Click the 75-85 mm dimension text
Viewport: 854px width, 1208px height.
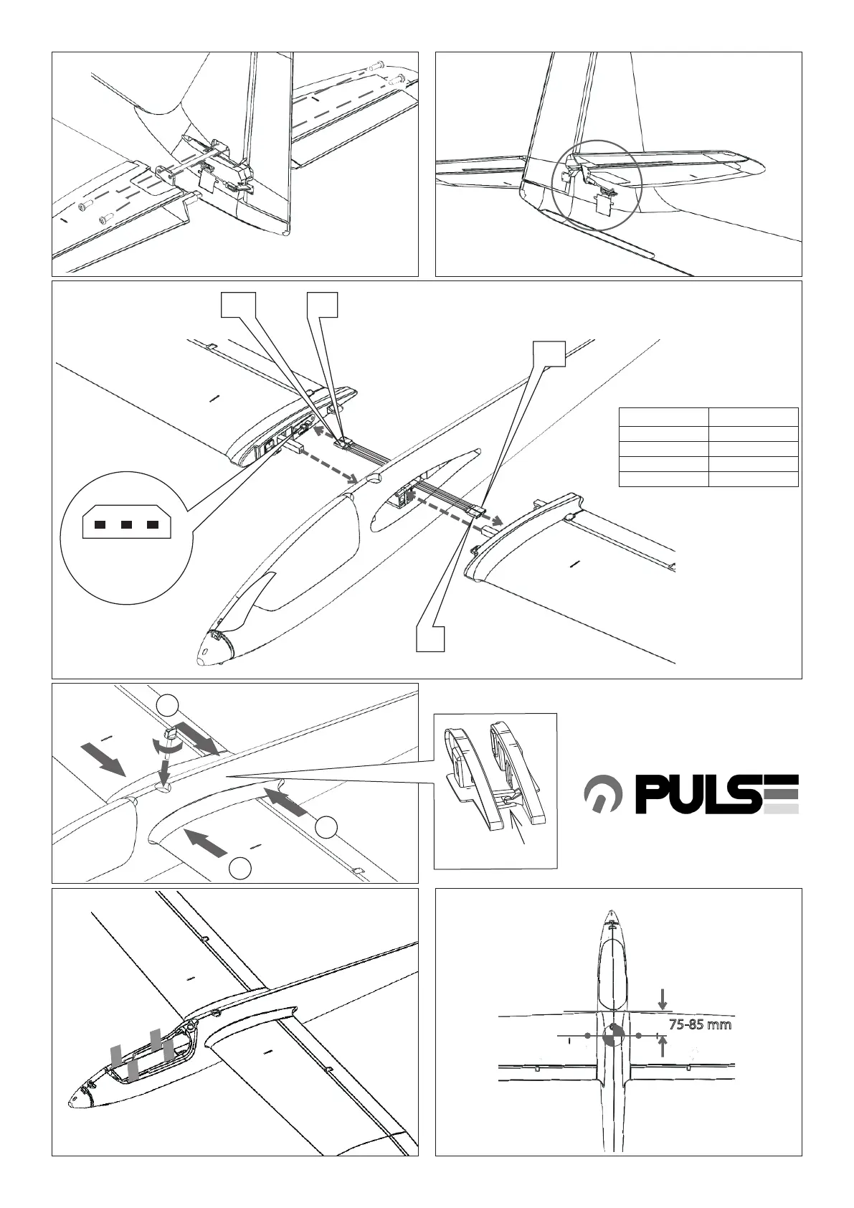[x=700, y=1024]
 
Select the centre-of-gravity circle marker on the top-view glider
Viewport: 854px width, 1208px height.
[x=612, y=1036]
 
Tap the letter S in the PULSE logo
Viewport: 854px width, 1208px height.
[x=746, y=795]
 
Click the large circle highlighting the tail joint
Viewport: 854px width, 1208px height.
[x=598, y=184]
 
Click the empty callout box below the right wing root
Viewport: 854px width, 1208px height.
[x=431, y=638]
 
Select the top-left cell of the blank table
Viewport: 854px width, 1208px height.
[x=663, y=417]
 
